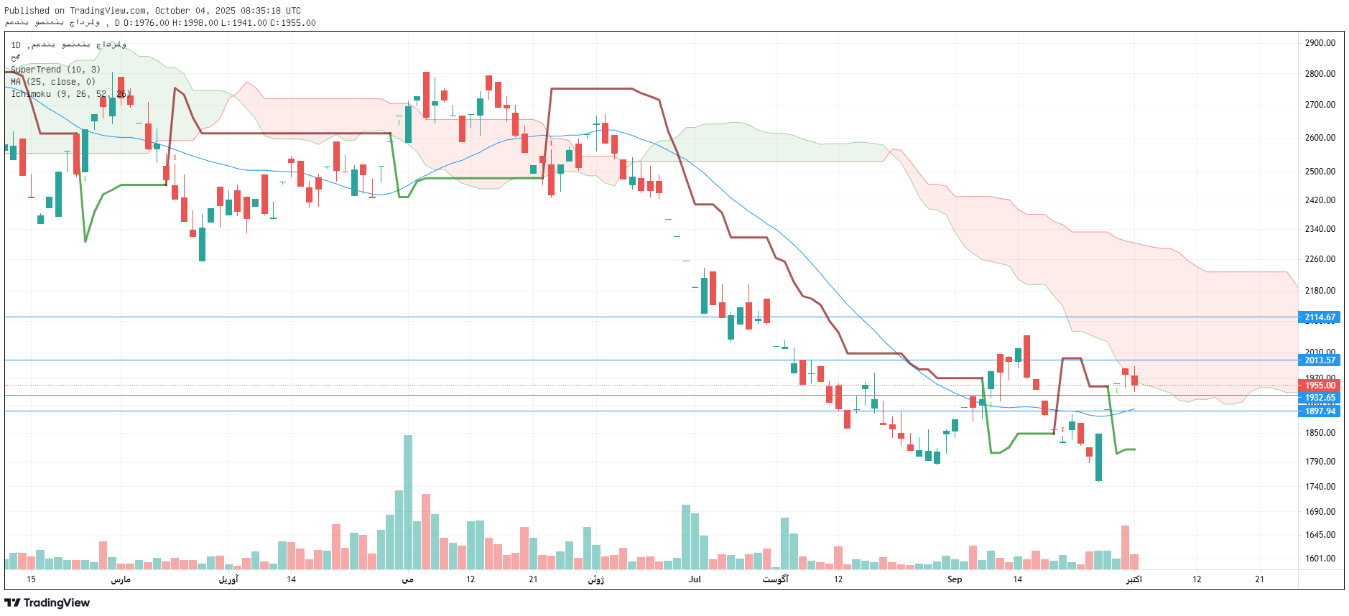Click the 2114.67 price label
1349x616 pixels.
pyautogui.click(x=1320, y=317)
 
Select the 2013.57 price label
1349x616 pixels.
pyautogui.click(x=1320, y=360)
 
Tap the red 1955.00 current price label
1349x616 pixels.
pyautogui.click(x=1320, y=386)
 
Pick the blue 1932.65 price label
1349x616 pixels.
pyautogui.click(x=1320, y=398)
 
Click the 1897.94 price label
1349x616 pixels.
pyautogui.click(x=1320, y=411)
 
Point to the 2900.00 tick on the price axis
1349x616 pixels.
pyautogui.click(x=1320, y=43)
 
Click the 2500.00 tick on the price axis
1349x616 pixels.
pyautogui.click(x=1320, y=172)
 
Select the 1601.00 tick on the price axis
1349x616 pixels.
pyautogui.click(x=1320, y=559)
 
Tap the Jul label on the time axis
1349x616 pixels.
pyautogui.click(x=695, y=579)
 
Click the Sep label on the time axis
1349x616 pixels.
pyautogui.click(x=954, y=579)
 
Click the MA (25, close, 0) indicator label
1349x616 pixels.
pyautogui.click(x=53, y=82)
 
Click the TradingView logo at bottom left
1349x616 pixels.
pyautogui.click(x=47, y=603)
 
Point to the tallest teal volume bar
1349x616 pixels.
pyautogui.click(x=408, y=502)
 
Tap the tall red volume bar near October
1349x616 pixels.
pyautogui.click(x=1125, y=547)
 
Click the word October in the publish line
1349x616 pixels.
pyautogui.click(x=172, y=11)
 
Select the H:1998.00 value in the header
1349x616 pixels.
pyautogui.click(x=195, y=23)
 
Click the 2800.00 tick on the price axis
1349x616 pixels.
pyautogui.click(x=1320, y=74)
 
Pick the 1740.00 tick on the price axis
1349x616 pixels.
pyautogui.click(x=1320, y=487)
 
